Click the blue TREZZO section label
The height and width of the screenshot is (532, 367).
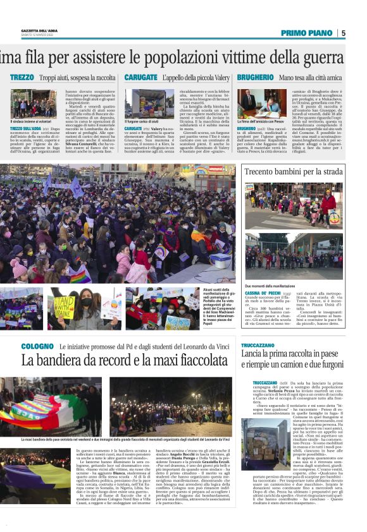coord(22,77)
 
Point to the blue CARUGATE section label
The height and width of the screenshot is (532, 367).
coord(141,77)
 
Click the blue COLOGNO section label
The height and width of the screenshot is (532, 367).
coord(37,347)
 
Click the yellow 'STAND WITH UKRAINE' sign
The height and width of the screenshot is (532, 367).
coord(63,308)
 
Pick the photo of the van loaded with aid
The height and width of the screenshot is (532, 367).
coord(149,104)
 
